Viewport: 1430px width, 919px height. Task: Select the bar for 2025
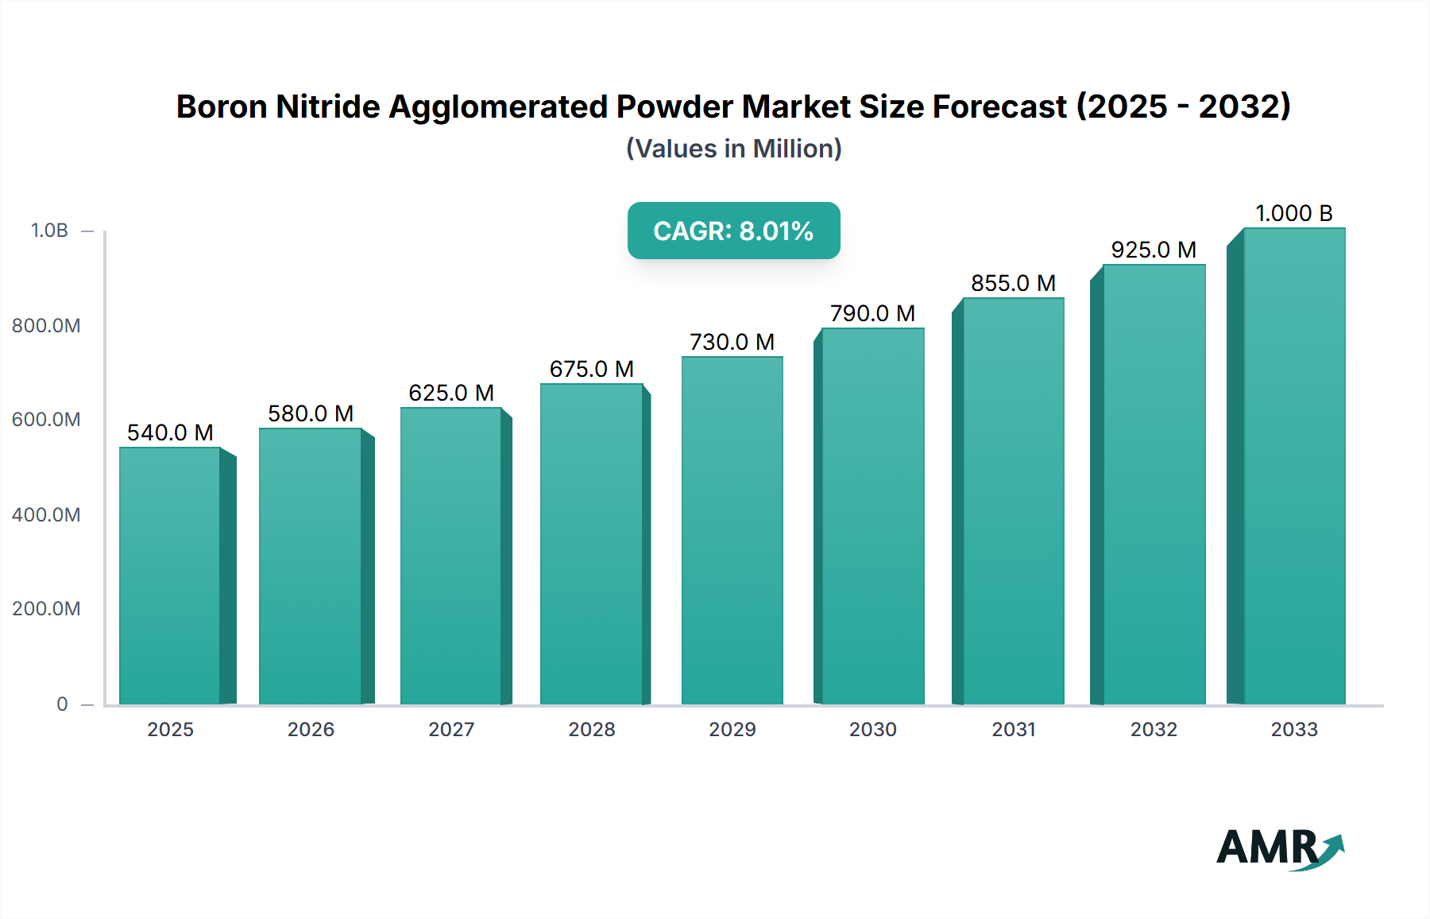tap(170, 576)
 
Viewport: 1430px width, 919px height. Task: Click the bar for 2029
tap(732, 530)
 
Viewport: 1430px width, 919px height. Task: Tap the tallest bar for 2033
tap(1293, 467)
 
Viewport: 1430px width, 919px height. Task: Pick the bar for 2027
tap(450, 556)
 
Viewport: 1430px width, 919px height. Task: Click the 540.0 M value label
tap(170, 432)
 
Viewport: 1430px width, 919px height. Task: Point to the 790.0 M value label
tap(872, 313)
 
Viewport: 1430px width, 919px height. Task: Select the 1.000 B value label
tap(1293, 213)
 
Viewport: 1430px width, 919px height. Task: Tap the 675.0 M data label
tap(591, 369)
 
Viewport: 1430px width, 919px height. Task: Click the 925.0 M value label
tap(1154, 250)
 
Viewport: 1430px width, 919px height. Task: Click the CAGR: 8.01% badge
tap(733, 231)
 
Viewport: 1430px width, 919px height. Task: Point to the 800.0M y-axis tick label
tap(46, 326)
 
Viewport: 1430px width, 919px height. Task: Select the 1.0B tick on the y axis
tap(49, 231)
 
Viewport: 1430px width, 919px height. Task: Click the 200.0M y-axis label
tap(46, 609)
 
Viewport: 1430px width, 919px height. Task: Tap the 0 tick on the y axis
tap(62, 704)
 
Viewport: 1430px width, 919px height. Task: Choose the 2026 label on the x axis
tap(311, 730)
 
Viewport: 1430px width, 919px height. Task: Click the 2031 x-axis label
tap(1014, 730)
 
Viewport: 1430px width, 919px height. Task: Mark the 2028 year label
tap(591, 730)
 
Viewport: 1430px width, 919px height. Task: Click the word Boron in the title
tap(221, 107)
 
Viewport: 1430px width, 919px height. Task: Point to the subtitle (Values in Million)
tap(733, 149)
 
